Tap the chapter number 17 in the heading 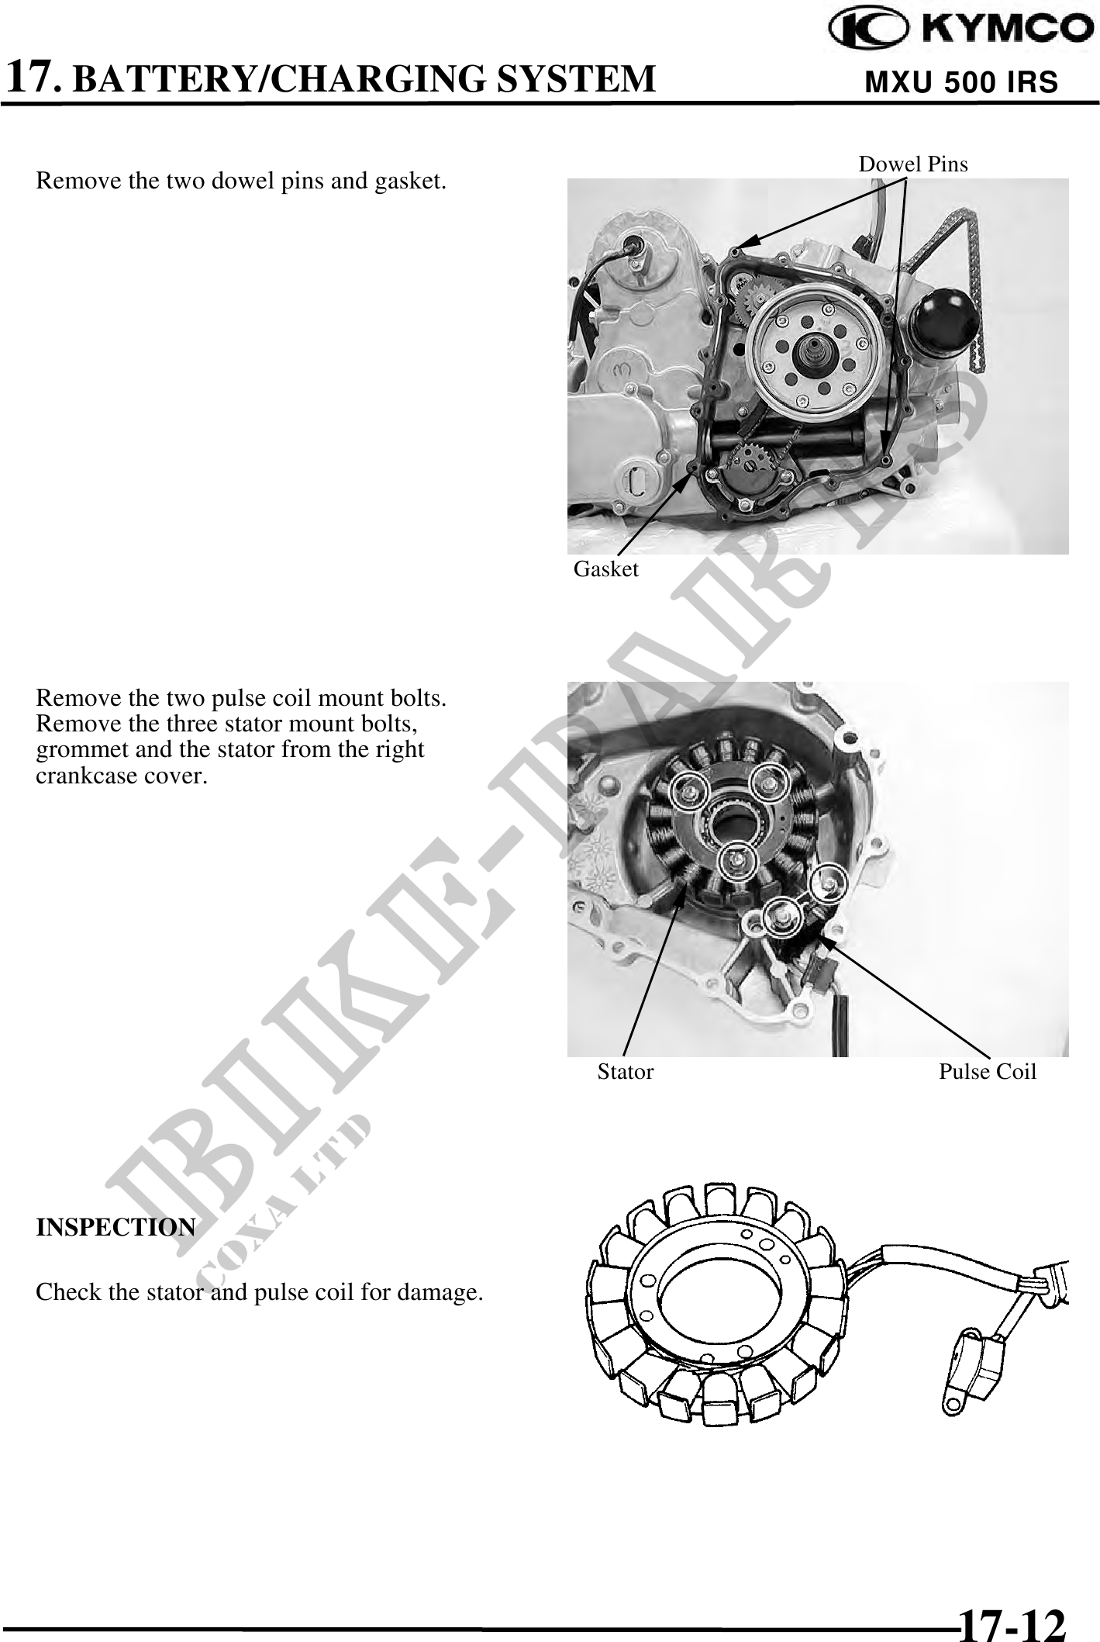point(31,78)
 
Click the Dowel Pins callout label point(913,164)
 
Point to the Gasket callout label point(606,569)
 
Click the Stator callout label point(626,1072)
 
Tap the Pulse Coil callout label point(988,1072)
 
